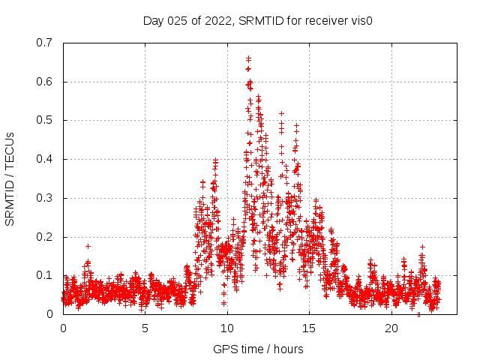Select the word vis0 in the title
[x=360, y=21]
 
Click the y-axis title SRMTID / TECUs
[x=10, y=178]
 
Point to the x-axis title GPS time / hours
[x=258, y=349]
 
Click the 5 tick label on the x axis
[x=145, y=328]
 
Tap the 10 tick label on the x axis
[x=227, y=328]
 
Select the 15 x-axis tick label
[x=309, y=328]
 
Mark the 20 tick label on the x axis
[x=391, y=328]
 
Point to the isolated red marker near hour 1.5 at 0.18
[x=88, y=246]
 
